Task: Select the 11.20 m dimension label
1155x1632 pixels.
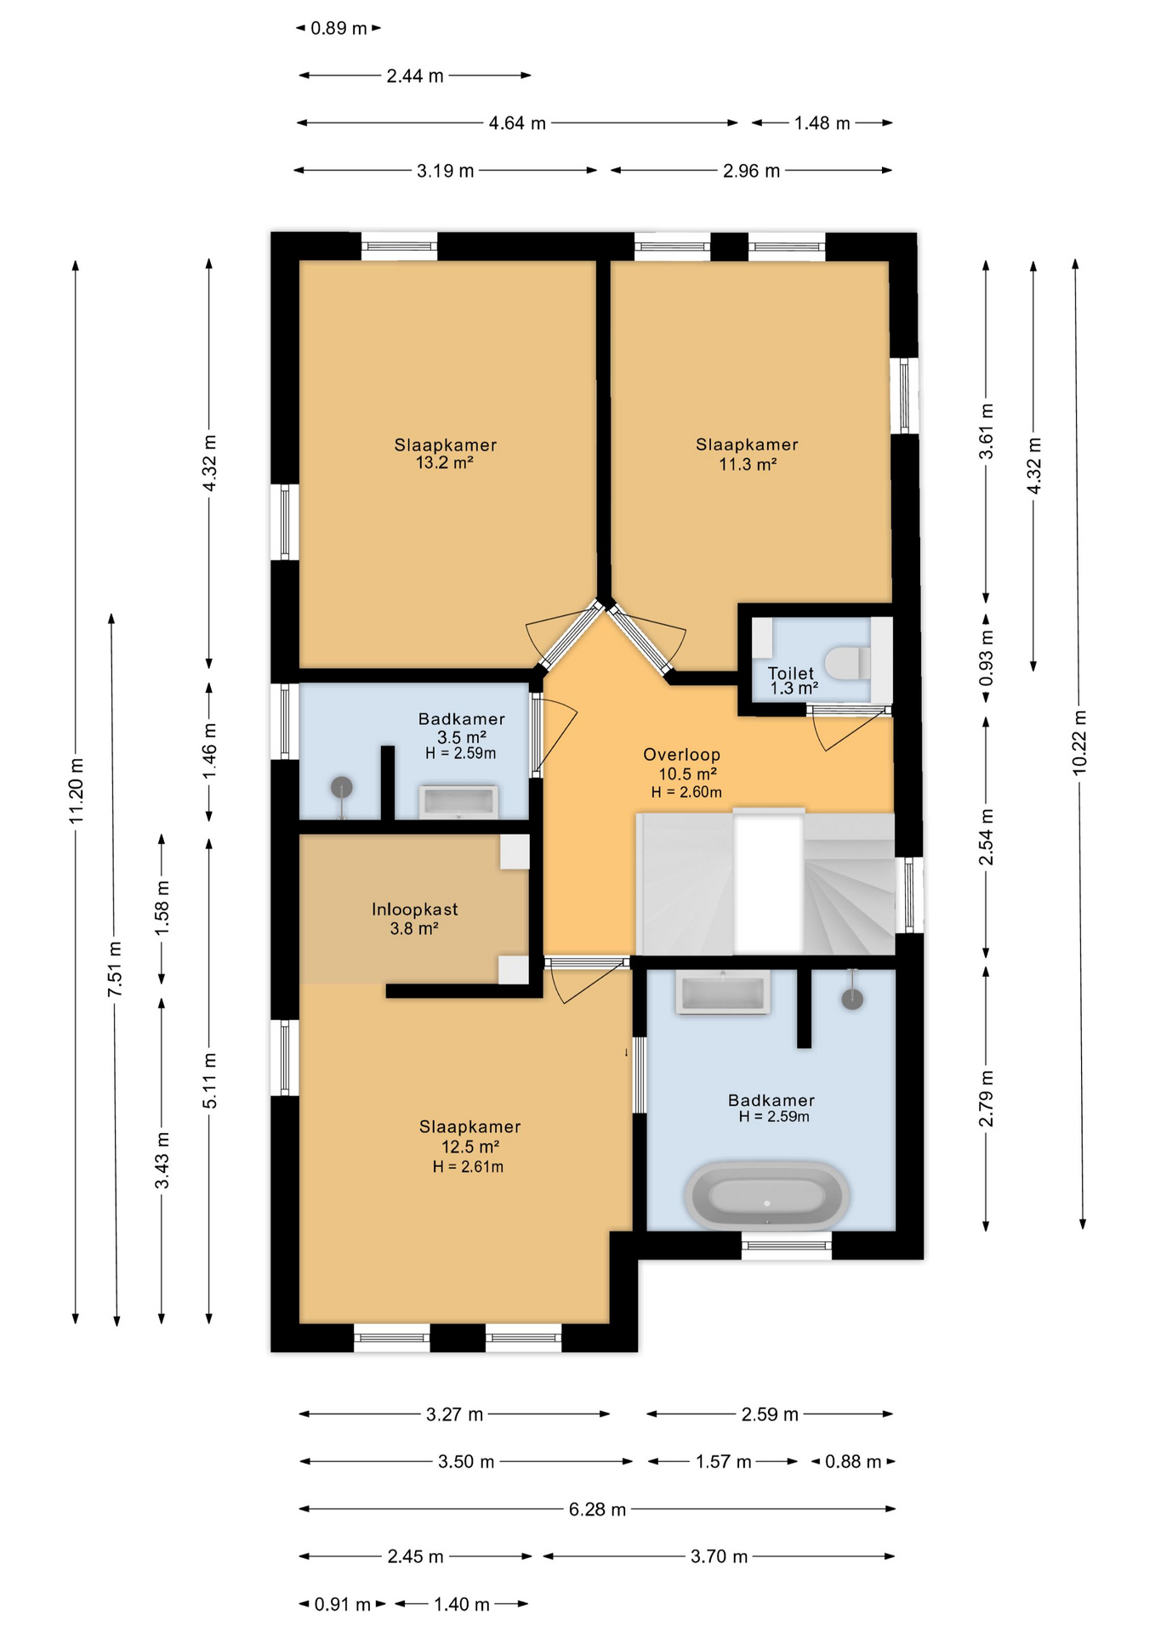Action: click(x=76, y=789)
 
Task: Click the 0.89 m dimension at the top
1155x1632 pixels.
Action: click(x=339, y=28)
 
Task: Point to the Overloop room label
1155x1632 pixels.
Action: click(x=681, y=754)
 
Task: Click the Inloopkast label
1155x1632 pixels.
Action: click(x=414, y=909)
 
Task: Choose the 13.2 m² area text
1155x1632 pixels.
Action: click(x=444, y=463)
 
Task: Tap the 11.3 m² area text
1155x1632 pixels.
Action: click(x=748, y=464)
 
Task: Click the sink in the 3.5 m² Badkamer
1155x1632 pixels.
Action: click(x=458, y=801)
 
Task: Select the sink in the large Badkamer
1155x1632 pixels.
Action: click(x=722, y=993)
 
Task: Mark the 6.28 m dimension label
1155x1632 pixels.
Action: click(x=597, y=1509)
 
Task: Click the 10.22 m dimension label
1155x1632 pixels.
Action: click(x=1079, y=741)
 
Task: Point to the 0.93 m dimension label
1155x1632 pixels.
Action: click(x=986, y=657)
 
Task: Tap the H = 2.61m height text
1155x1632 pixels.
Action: click(x=468, y=1167)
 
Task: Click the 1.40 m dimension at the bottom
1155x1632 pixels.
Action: click(x=462, y=1604)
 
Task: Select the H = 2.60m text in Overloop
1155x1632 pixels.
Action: click(x=686, y=792)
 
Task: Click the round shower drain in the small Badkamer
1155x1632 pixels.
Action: click(x=341, y=787)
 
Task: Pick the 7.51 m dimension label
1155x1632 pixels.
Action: click(x=115, y=969)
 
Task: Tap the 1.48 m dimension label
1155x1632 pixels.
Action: click(x=822, y=123)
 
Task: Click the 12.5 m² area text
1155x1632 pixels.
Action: click(x=469, y=1147)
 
